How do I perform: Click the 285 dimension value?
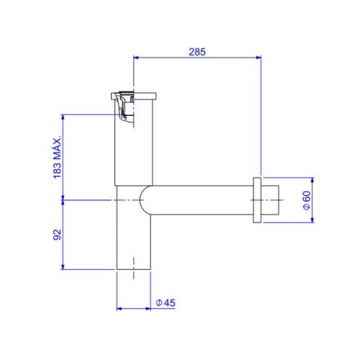pyautogui.click(x=197, y=52)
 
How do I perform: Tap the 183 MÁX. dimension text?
pyautogui.click(x=58, y=157)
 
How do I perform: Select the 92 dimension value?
pyautogui.click(x=58, y=235)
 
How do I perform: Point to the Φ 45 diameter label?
pyautogui.click(x=166, y=303)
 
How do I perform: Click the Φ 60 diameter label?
pyautogui.click(x=307, y=200)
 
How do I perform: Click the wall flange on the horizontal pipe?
pyautogui.click(x=257, y=200)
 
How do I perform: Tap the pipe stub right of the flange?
pyautogui.click(x=270, y=200)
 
